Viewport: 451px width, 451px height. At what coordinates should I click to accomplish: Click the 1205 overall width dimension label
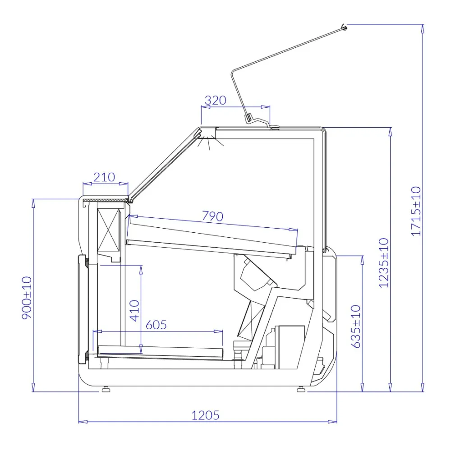[x=205, y=415]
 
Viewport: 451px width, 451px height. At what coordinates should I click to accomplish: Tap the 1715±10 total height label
[x=416, y=211]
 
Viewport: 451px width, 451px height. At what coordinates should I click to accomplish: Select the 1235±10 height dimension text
[x=384, y=263]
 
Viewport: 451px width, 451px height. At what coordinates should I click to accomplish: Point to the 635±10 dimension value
[x=356, y=327]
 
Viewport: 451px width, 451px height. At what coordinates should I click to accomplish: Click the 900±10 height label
[x=27, y=298]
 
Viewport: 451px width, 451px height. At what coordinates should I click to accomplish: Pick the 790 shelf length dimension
[x=212, y=216]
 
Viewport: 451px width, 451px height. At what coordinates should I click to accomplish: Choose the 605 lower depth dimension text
[x=156, y=325]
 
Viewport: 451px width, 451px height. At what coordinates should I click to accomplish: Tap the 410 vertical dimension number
[x=134, y=311]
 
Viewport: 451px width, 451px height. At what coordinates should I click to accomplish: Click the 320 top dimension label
[x=216, y=101]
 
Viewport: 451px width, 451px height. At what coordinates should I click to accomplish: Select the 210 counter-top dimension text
[x=104, y=177]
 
